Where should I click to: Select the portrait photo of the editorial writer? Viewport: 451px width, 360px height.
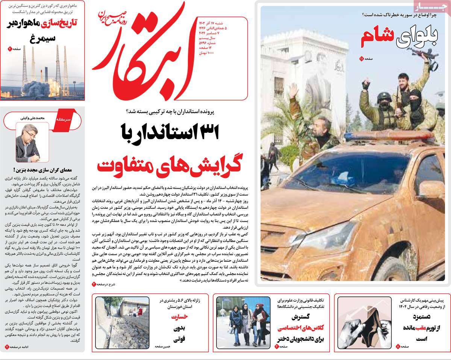click(27, 143)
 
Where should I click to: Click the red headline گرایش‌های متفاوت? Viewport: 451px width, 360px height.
click(167, 165)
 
